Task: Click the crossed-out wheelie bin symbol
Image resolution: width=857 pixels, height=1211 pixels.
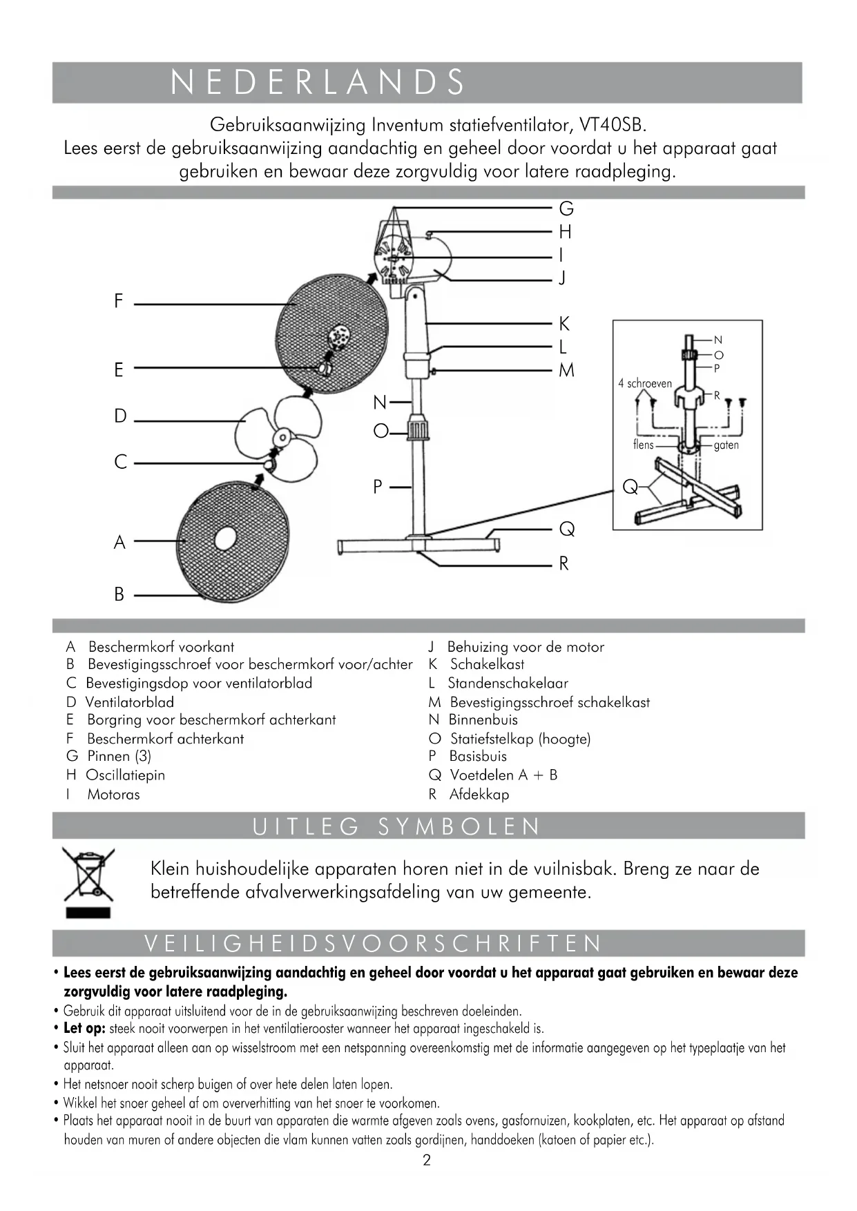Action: click(88, 875)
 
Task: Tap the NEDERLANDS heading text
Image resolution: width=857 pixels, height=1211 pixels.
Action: click(318, 82)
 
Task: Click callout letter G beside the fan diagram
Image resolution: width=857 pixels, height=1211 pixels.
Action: click(566, 209)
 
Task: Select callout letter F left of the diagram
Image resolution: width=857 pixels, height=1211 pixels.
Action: click(119, 302)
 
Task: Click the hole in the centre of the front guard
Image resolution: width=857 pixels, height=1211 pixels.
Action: click(225, 539)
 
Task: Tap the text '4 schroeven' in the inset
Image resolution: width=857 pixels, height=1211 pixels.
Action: click(645, 384)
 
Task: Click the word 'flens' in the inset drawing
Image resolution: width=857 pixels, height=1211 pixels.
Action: click(643, 445)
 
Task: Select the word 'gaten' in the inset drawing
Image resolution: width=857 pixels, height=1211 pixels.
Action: click(726, 445)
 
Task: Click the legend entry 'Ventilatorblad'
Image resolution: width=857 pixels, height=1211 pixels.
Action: click(129, 702)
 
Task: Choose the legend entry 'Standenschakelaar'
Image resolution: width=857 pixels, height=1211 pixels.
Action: click(508, 684)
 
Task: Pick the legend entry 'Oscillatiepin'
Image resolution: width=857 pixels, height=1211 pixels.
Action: click(125, 775)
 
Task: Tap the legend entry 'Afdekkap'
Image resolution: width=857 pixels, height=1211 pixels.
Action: click(479, 795)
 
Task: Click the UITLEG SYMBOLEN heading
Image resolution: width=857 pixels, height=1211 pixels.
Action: click(396, 826)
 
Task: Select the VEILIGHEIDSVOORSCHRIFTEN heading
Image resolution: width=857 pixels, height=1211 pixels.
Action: click(374, 944)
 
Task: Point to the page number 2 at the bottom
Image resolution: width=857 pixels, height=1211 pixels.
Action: click(427, 1161)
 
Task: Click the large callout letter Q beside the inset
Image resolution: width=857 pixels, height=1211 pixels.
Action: click(630, 487)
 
